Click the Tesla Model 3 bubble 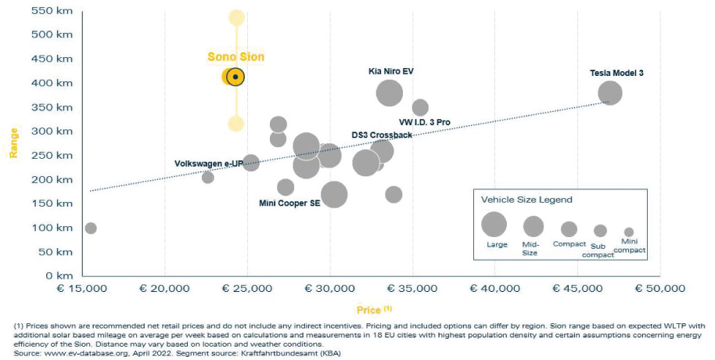pos(609,93)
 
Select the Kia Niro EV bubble pos(389,93)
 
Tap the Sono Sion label pos(235,56)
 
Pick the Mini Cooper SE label pos(289,203)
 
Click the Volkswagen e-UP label pos(208,164)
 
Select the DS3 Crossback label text pos(382,135)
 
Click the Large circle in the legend pos(494,225)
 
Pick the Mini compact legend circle pos(629,232)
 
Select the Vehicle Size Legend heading pos(526,200)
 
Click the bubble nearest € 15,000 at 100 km pos(91,228)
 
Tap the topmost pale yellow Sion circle pos(236,17)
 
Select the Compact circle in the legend pos(569,229)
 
